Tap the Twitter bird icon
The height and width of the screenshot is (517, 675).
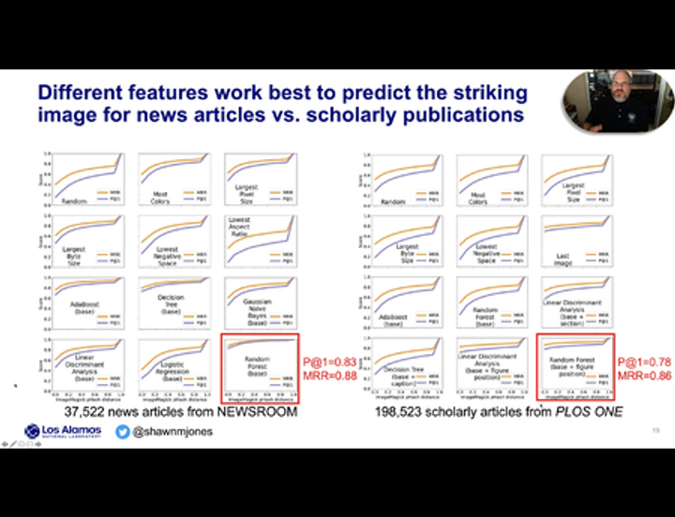[123, 432]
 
